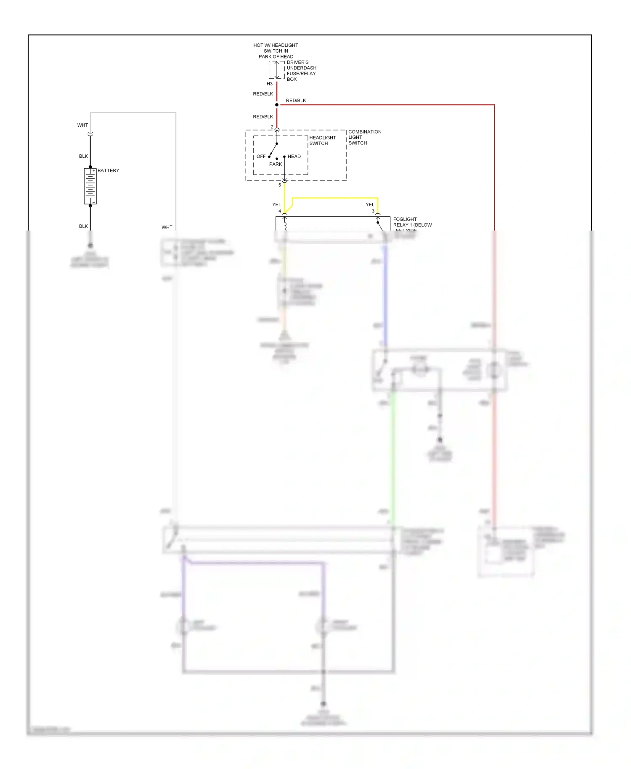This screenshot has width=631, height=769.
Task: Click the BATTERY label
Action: [108, 170]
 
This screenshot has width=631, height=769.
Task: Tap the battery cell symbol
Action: [90, 186]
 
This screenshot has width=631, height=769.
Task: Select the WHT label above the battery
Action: [82, 125]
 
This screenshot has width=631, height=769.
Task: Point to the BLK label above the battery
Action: [83, 156]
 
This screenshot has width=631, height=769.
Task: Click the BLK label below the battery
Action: [83, 226]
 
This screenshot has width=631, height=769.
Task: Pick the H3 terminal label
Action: [269, 84]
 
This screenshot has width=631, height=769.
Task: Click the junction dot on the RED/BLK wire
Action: [277, 105]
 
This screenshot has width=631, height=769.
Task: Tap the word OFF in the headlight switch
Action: [261, 156]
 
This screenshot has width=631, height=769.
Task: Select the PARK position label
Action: [276, 164]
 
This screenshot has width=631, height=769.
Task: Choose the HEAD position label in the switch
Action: [294, 156]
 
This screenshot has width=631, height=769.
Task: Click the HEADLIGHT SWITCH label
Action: [322, 141]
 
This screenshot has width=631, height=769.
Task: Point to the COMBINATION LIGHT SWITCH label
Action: [364, 137]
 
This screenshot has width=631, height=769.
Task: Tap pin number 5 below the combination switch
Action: [280, 185]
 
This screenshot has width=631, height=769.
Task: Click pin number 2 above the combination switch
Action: [272, 127]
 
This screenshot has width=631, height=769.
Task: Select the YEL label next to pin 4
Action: [276, 204]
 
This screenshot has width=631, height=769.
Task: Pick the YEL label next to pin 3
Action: [370, 204]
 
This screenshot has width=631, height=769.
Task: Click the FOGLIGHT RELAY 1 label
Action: [412, 223]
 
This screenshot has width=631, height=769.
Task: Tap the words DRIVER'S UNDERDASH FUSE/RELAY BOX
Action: [301, 71]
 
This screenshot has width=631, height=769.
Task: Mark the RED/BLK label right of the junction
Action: [296, 101]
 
